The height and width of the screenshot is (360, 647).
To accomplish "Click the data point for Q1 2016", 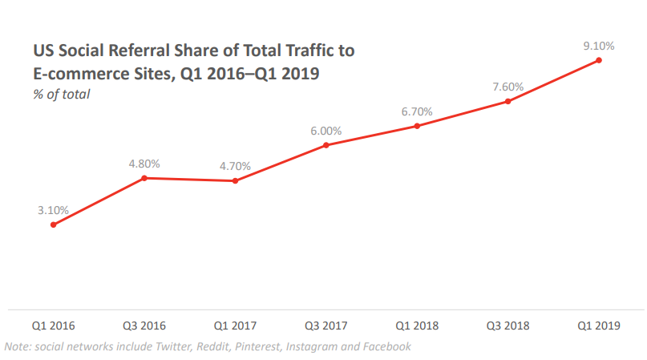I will [x=53, y=224].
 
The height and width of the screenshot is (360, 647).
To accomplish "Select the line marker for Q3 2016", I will [x=144, y=178].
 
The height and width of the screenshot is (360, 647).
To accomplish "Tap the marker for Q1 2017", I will [x=235, y=181].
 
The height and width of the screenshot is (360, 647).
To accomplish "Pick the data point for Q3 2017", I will [x=326, y=145].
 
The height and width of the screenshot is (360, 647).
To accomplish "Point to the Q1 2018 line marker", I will [x=417, y=126].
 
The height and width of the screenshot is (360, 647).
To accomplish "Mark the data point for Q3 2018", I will [x=507, y=101].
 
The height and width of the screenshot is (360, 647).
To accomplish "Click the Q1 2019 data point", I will [x=599, y=60].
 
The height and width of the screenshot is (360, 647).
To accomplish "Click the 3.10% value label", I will [x=53, y=210].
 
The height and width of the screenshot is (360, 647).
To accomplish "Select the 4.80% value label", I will [x=144, y=164].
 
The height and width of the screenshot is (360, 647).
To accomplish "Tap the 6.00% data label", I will [x=326, y=131].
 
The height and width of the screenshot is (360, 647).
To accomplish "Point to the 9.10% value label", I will [x=599, y=46].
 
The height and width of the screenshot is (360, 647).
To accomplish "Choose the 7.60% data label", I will [x=507, y=87].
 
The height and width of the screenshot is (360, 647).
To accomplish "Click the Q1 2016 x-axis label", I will [x=53, y=326].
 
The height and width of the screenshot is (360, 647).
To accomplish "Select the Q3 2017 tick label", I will [x=326, y=326].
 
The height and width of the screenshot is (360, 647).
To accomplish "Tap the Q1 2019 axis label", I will [x=599, y=326].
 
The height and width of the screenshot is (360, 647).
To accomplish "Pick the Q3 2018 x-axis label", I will [x=507, y=326].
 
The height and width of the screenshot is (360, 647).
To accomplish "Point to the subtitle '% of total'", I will [x=61, y=94].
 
